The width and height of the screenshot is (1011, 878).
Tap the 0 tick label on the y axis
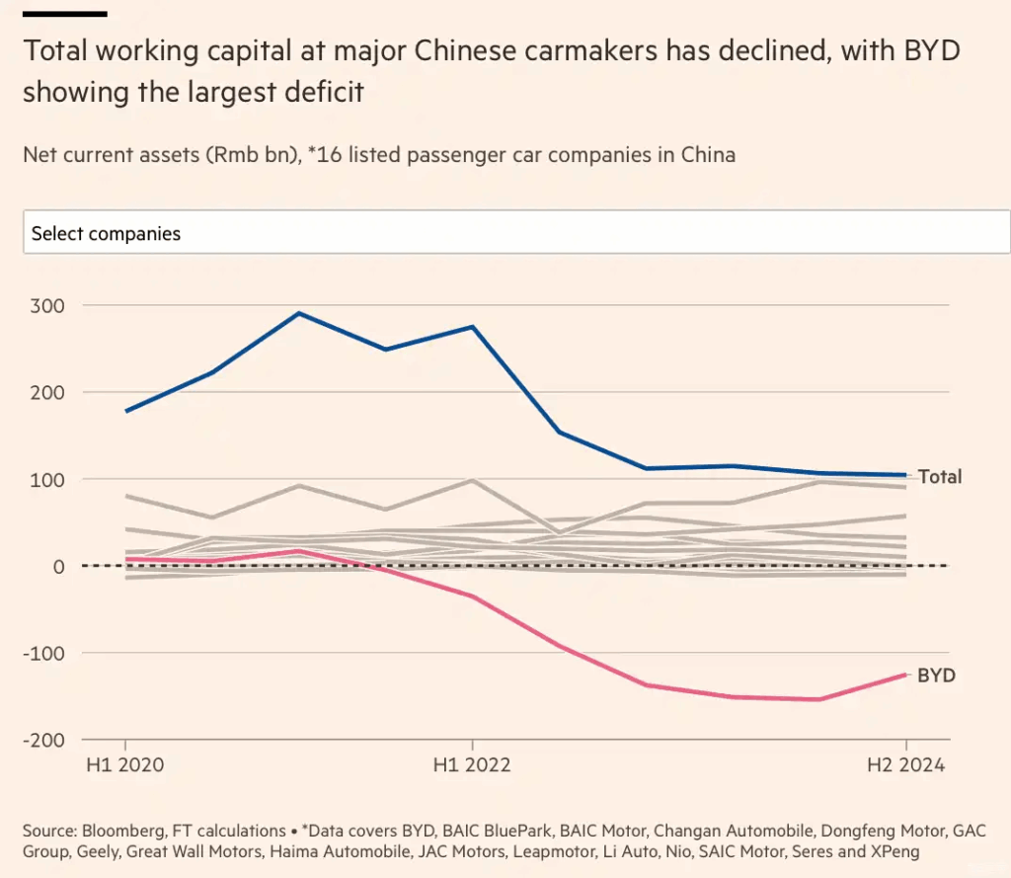(58, 566)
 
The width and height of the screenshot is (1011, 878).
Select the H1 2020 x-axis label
(125, 766)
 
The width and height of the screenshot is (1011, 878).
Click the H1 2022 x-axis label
(473, 766)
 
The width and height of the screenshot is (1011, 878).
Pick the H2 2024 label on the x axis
(905, 766)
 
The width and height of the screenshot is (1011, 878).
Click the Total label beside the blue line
(939, 477)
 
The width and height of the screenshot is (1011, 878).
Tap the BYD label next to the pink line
(936, 677)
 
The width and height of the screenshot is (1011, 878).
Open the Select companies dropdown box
(516, 234)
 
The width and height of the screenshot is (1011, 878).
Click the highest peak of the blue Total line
(299, 313)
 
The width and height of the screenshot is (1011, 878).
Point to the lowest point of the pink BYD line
(819, 699)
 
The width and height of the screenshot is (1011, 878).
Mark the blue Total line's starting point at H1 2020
(125, 411)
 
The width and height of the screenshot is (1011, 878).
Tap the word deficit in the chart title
(326, 93)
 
